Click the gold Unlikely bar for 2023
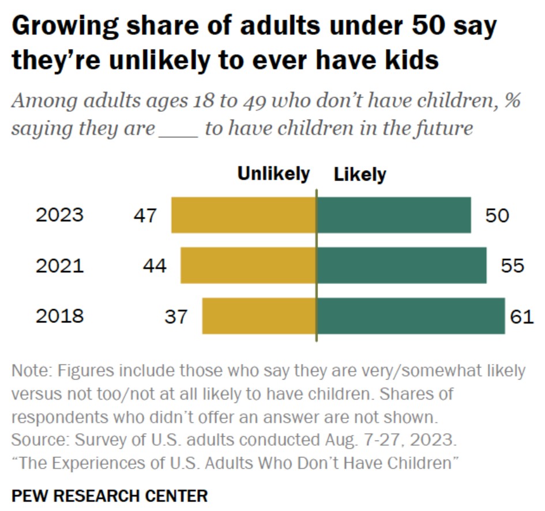point(243,215)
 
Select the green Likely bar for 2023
point(393,215)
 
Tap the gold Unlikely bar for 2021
point(248,265)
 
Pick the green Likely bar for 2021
point(401,265)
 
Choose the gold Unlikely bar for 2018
point(259,316)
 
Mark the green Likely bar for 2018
point(411,316)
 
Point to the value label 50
point(497,216)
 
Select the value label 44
point(154,266)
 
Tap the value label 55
point(512,266)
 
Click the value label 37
point(175,317)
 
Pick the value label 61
point(522,317)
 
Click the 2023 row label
point(59,215)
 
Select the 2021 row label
point(59,266)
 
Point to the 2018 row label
point(59,316)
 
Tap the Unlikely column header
point(273,174)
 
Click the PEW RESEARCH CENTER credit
point(109,495)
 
